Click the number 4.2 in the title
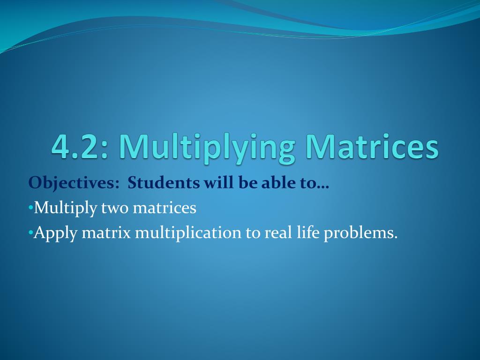77,147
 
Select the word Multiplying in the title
207,148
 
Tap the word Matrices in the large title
373,147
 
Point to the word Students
164,182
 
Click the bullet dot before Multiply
30,207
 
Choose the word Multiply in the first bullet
66,208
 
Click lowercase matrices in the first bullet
165,207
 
